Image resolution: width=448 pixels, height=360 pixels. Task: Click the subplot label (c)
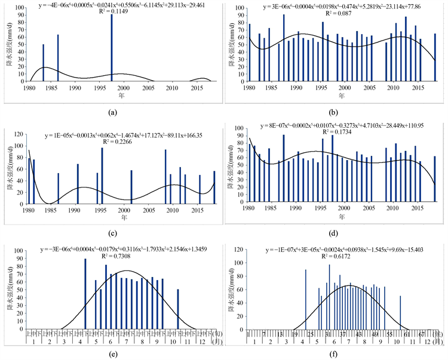112,232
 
